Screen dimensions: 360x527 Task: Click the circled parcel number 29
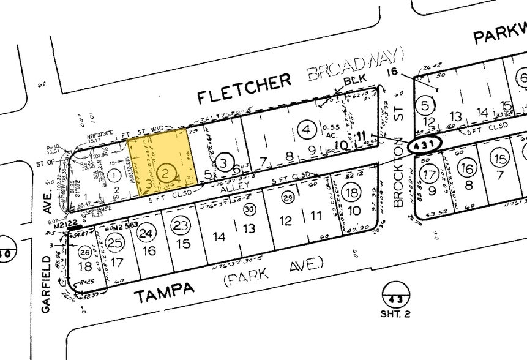pos(288,197)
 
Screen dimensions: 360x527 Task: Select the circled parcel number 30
pos(249,208)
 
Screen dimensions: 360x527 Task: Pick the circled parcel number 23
pos(179,225)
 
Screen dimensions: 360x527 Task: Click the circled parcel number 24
pos(145,233)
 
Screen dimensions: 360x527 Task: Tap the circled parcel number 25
pos(114,242)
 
